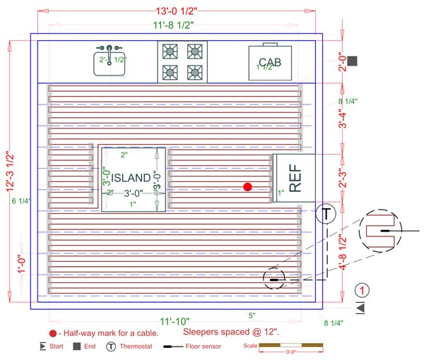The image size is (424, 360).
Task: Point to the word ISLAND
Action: (131, 178)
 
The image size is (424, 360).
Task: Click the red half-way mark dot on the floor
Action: (247, 186)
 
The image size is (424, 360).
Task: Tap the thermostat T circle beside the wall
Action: (326, 214)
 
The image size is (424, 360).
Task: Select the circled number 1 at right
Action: (362, 290)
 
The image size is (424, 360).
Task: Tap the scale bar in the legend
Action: (290, 346)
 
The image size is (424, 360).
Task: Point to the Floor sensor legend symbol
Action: (173, 347)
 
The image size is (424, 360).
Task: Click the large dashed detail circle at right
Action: (382, 231)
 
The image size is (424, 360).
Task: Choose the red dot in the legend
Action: (52, 333)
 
